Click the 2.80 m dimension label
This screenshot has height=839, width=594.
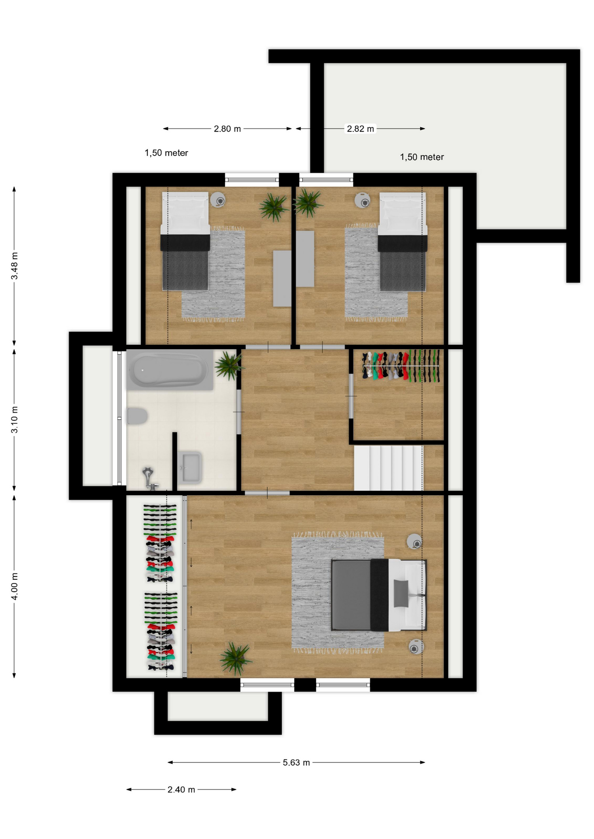pyautogui.click(x=227, y=129)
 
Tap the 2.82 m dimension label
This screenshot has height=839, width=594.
pyautogui.click(x=360, y=129)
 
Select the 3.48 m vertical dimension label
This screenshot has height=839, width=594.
pyautogui.click(x=14, y=266)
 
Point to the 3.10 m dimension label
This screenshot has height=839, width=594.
pyautogui.click(x=14, y=419)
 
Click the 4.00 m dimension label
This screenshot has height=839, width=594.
pyautogui.click(x=14, y=586)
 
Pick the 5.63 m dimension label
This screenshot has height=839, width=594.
pyautogui.click(x=296, y=763)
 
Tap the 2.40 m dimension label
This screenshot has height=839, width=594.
pyautogui.click(x=181, y=790)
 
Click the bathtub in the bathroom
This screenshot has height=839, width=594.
pyautogui.click(x=170, y=370)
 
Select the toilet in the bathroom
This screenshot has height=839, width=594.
pyautogui.click(x=137, y=416)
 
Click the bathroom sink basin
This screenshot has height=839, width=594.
pyautogui.click(x=190, y=468)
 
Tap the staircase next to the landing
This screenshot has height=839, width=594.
pyautogui.click(x=388, y=468)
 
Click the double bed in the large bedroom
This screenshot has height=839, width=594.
pyautogui.click(x=379, y=595)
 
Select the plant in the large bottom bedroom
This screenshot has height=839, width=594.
pyautogui.click(x=235, y=658)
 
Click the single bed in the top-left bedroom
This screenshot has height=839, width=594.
pyautogui.click(x=185, y=241)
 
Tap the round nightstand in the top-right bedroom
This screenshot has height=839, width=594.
pyautogui.click(x=363, y=201)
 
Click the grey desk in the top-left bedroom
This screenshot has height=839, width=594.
pyautogui.click(x=282, y=278)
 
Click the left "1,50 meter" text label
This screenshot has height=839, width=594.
pyautogui.click(x=166, y=153)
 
